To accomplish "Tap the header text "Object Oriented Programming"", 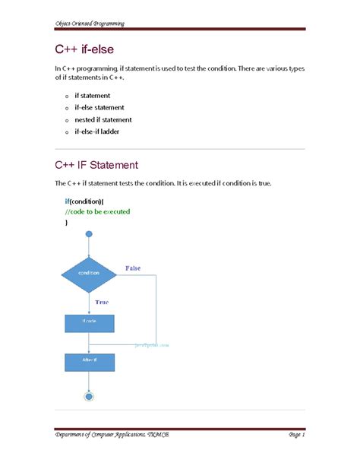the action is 90,24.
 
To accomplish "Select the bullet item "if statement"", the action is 93,96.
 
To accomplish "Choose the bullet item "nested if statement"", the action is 103,119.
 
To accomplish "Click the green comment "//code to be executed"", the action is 97,211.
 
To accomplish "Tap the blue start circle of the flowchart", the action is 90,234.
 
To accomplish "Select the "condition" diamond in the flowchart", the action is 89,272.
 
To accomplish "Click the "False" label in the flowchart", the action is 133,268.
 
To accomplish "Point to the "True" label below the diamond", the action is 102,302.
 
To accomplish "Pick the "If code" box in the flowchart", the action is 89,322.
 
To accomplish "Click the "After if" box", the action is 89,358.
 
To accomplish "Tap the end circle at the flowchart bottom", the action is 90,395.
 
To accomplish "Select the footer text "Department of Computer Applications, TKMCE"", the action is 116,435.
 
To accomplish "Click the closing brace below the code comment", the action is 66,223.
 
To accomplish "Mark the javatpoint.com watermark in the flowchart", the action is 152,344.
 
